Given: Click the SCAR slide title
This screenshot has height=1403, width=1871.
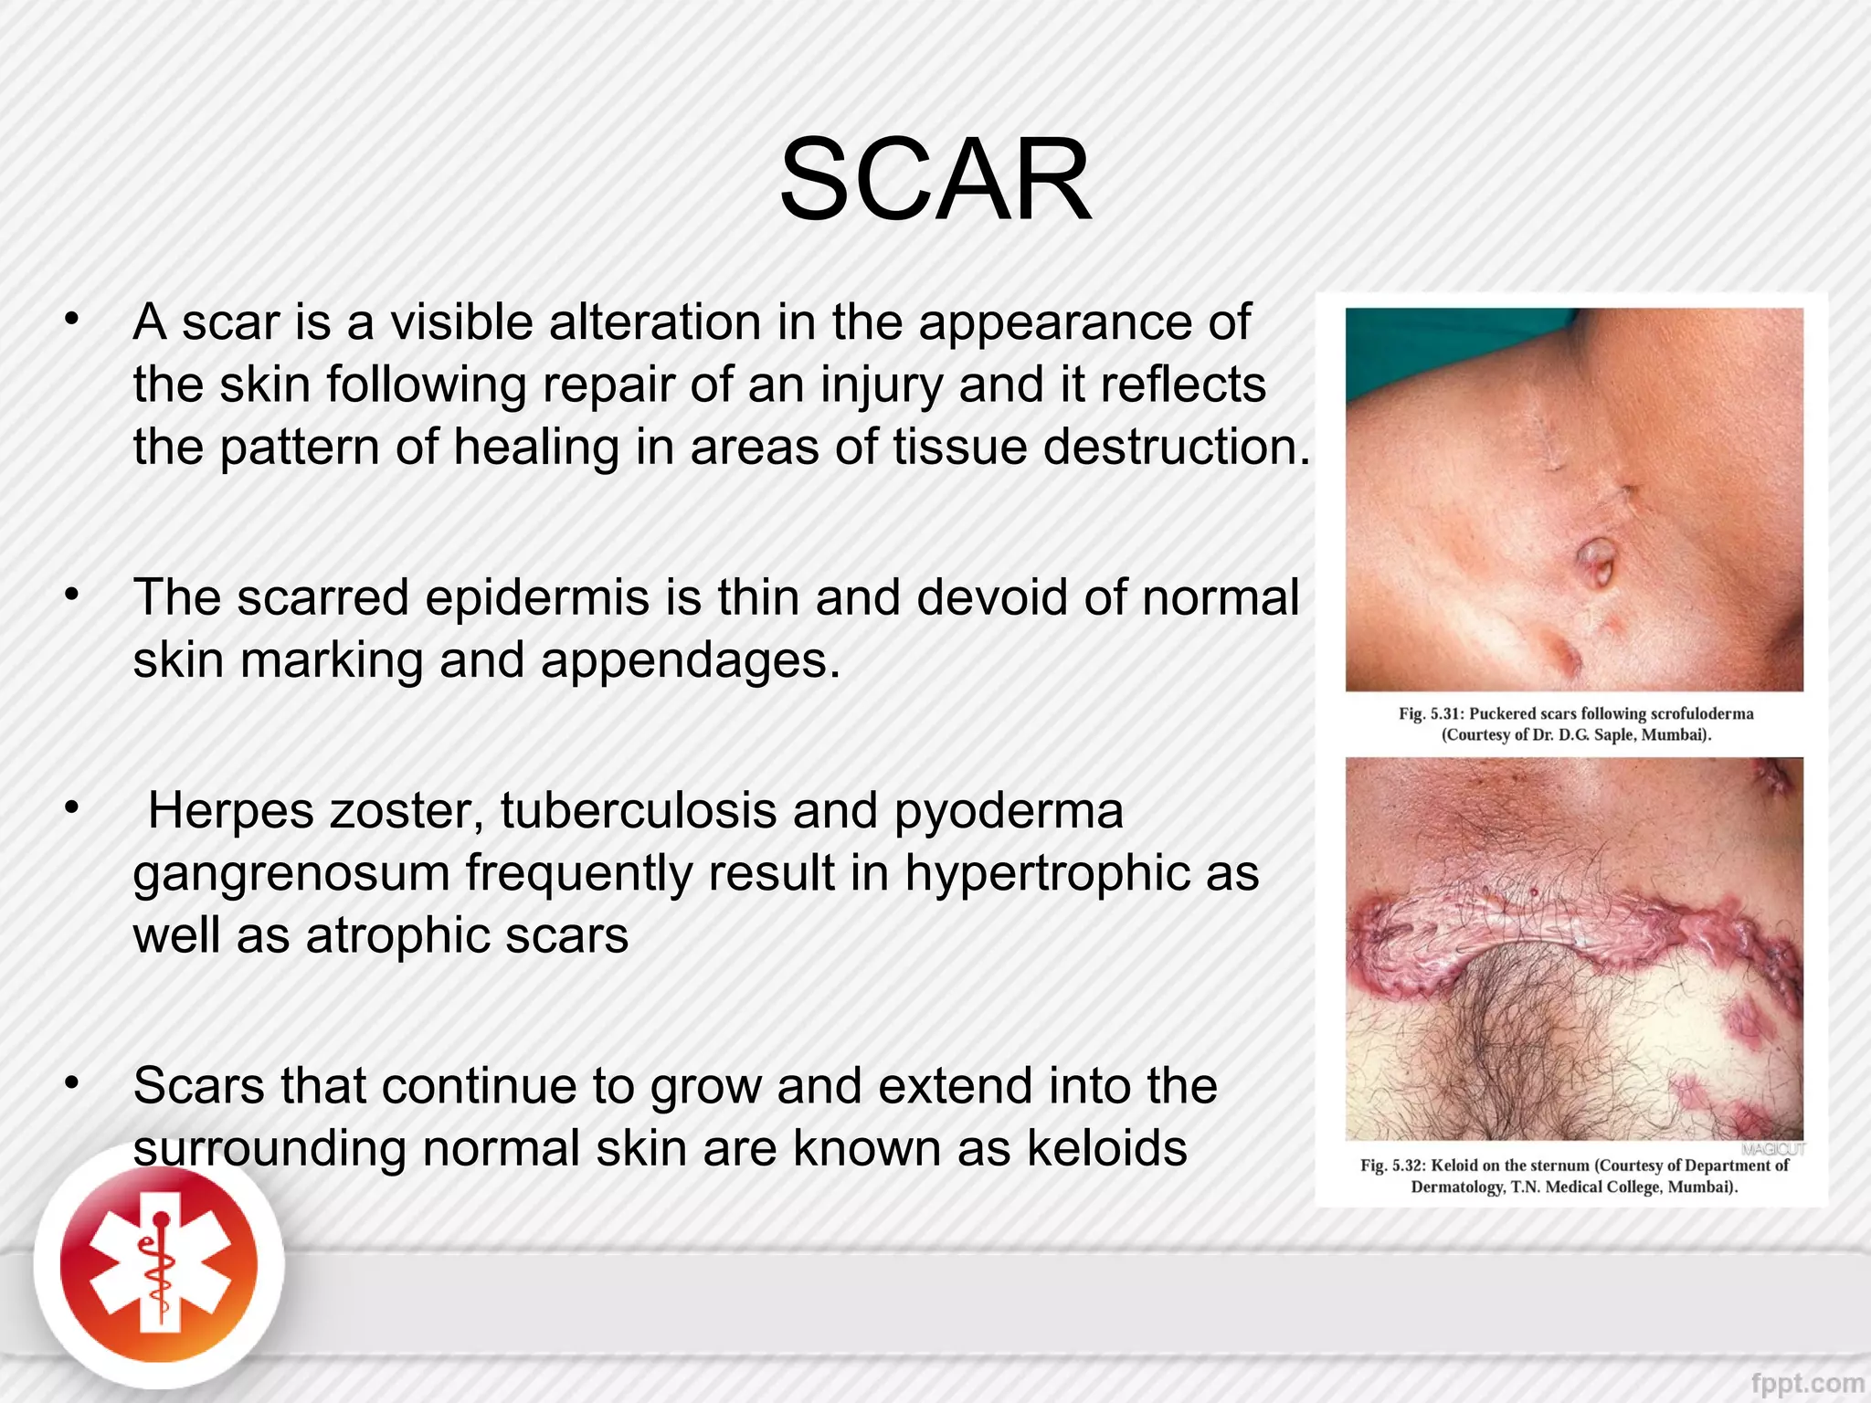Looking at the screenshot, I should tap(935, 180).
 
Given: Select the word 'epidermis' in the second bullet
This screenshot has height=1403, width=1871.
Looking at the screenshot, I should tap(536, 598).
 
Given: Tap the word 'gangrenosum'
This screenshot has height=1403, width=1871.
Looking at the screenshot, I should tap(291, 873).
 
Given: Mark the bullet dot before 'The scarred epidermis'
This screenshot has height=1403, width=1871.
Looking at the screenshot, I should tap(71, 596).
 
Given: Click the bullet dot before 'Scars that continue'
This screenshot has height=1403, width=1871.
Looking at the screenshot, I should tap(71, 1084).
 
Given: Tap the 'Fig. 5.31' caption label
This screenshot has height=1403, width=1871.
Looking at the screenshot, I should tap(1430, 713).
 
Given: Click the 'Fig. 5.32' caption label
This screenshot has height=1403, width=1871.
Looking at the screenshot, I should tap(1391, 1166).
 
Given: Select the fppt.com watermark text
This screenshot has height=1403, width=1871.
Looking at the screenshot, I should tap(1807, 1384).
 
